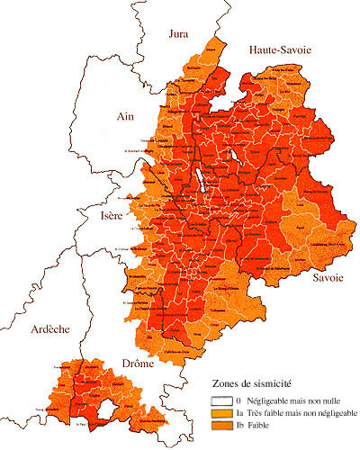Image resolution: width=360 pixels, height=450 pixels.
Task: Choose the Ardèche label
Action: point(49,329)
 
